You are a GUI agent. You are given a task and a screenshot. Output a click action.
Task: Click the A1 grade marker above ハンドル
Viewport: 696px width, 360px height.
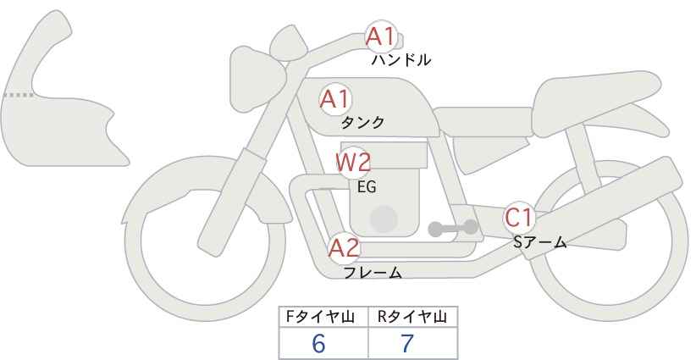point(380,36)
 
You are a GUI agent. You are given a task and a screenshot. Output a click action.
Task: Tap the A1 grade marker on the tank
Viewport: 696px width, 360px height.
point(335,99)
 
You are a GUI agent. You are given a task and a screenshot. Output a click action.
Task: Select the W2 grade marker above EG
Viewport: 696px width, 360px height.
point(353,163)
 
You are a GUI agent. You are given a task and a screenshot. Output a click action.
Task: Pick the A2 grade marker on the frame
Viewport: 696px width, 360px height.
point(344,248)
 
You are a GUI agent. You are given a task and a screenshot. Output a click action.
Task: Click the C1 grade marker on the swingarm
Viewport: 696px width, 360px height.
point(519,218)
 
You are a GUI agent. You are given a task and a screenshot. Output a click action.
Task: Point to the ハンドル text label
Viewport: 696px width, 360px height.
point(401,60)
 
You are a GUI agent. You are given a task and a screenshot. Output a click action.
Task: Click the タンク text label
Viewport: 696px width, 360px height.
point(362,123)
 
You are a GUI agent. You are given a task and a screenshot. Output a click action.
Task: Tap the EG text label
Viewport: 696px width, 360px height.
point(367,187)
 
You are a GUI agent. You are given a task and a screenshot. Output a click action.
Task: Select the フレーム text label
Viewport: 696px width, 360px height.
point(373,272)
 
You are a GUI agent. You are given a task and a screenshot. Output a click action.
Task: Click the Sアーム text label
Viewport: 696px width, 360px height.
point(540,242)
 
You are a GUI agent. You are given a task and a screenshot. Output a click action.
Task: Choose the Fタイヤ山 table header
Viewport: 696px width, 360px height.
point(320,317)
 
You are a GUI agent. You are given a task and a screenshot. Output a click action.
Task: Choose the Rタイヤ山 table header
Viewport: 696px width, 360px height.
point(412,317)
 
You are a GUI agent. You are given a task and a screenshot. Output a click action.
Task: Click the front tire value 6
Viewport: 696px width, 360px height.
point(318,343)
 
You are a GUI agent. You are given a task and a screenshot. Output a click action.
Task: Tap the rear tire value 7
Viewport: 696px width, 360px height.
point(407,343)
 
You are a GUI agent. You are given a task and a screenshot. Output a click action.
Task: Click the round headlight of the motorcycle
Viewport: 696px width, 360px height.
point(257,79)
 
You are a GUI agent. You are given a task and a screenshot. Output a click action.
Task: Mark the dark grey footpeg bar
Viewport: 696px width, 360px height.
point(453,228)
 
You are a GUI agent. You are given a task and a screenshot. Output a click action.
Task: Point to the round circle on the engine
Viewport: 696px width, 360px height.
point(384,219)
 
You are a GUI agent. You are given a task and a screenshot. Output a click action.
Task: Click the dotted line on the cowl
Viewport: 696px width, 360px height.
point(18,95)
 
